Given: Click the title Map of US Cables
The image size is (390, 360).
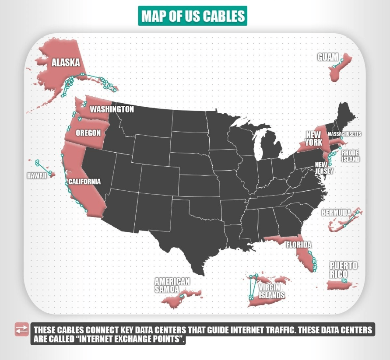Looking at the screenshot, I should point(193,16).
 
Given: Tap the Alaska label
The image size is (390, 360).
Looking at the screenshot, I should point(66,63).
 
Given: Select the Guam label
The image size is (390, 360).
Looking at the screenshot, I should point(328,57).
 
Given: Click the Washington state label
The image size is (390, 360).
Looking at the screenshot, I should point(112,109).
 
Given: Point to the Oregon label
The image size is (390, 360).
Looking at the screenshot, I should point(88,133).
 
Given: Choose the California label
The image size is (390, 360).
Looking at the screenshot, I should point(84,182).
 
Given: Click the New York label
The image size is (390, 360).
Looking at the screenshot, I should point(314,138).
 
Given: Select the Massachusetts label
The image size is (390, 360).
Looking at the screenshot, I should point(344,134).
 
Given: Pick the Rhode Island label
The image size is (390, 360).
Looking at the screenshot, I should point(350,156).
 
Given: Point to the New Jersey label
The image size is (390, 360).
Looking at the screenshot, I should point(324,168).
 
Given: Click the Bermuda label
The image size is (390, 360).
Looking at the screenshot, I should point(336,213).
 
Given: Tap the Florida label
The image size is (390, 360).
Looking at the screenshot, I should point(299,245).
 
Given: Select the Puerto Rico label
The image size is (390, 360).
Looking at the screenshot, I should point(344,269).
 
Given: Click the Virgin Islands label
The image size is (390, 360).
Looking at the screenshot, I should point(271,291).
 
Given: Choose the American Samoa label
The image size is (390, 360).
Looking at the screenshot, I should point(172,285).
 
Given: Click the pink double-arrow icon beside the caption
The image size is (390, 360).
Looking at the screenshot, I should point(21,330).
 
